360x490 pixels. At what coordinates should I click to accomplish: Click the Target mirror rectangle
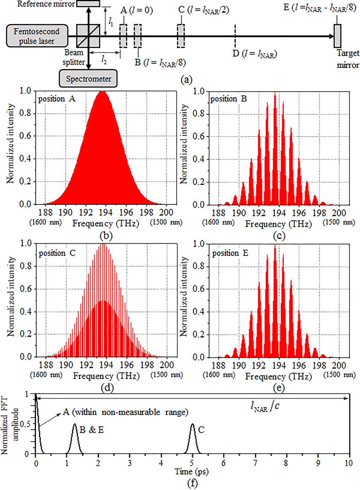337,37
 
